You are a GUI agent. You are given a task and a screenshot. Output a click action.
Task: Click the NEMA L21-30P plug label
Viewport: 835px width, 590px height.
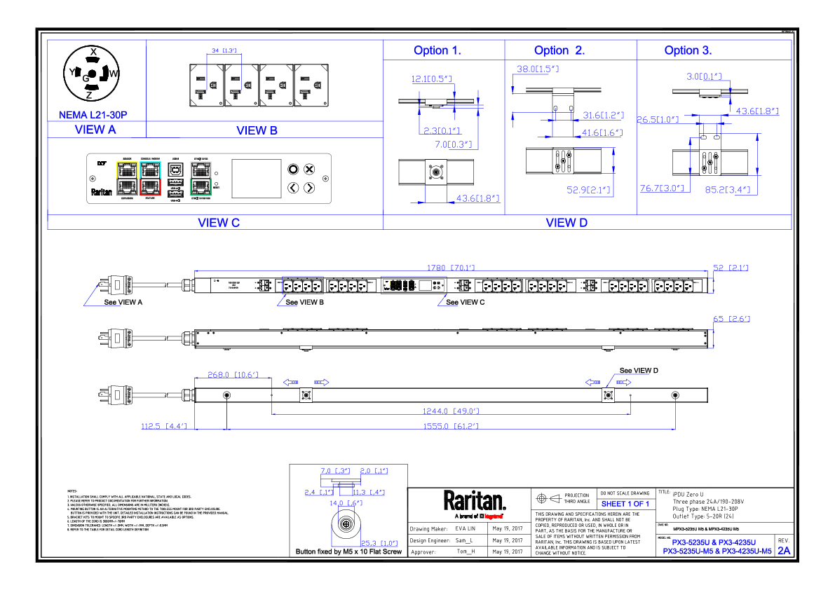93,114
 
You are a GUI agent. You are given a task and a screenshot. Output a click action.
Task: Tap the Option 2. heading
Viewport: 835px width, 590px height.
559,50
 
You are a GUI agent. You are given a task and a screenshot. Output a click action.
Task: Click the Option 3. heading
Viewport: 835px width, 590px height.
688,50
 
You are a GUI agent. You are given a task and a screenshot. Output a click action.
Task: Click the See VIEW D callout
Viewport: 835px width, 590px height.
639,370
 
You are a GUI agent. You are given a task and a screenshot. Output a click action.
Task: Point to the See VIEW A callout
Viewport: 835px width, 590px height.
123,302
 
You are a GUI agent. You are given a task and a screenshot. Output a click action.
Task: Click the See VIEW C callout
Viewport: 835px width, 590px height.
465,302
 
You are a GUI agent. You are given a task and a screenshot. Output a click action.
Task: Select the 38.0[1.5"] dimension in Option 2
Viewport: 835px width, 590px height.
537,69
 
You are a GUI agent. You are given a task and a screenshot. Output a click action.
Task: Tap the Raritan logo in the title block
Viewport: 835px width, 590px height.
474,500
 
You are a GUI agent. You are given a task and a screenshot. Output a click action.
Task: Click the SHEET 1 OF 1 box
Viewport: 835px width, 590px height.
625,504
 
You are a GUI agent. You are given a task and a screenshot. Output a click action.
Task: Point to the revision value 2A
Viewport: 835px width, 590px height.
784,551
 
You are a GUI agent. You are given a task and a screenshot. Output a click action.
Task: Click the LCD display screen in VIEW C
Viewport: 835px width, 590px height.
253,178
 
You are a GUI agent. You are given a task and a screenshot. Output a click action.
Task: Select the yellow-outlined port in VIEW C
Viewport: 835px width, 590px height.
127,169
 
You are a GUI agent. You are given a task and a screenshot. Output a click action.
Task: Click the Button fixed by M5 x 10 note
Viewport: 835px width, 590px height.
349,552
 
